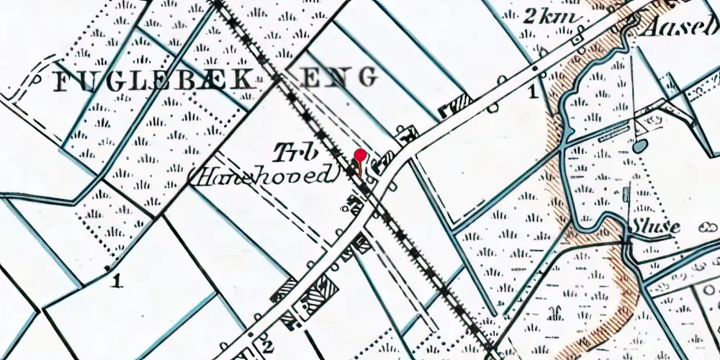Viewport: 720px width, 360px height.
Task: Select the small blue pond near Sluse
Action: click(x=639, y=145)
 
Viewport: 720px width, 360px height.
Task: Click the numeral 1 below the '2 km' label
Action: click(x=534, y=91)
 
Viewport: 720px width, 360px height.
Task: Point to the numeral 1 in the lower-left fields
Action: click(x=117, y=282)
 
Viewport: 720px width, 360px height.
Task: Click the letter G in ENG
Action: click(x=369, y=77)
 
